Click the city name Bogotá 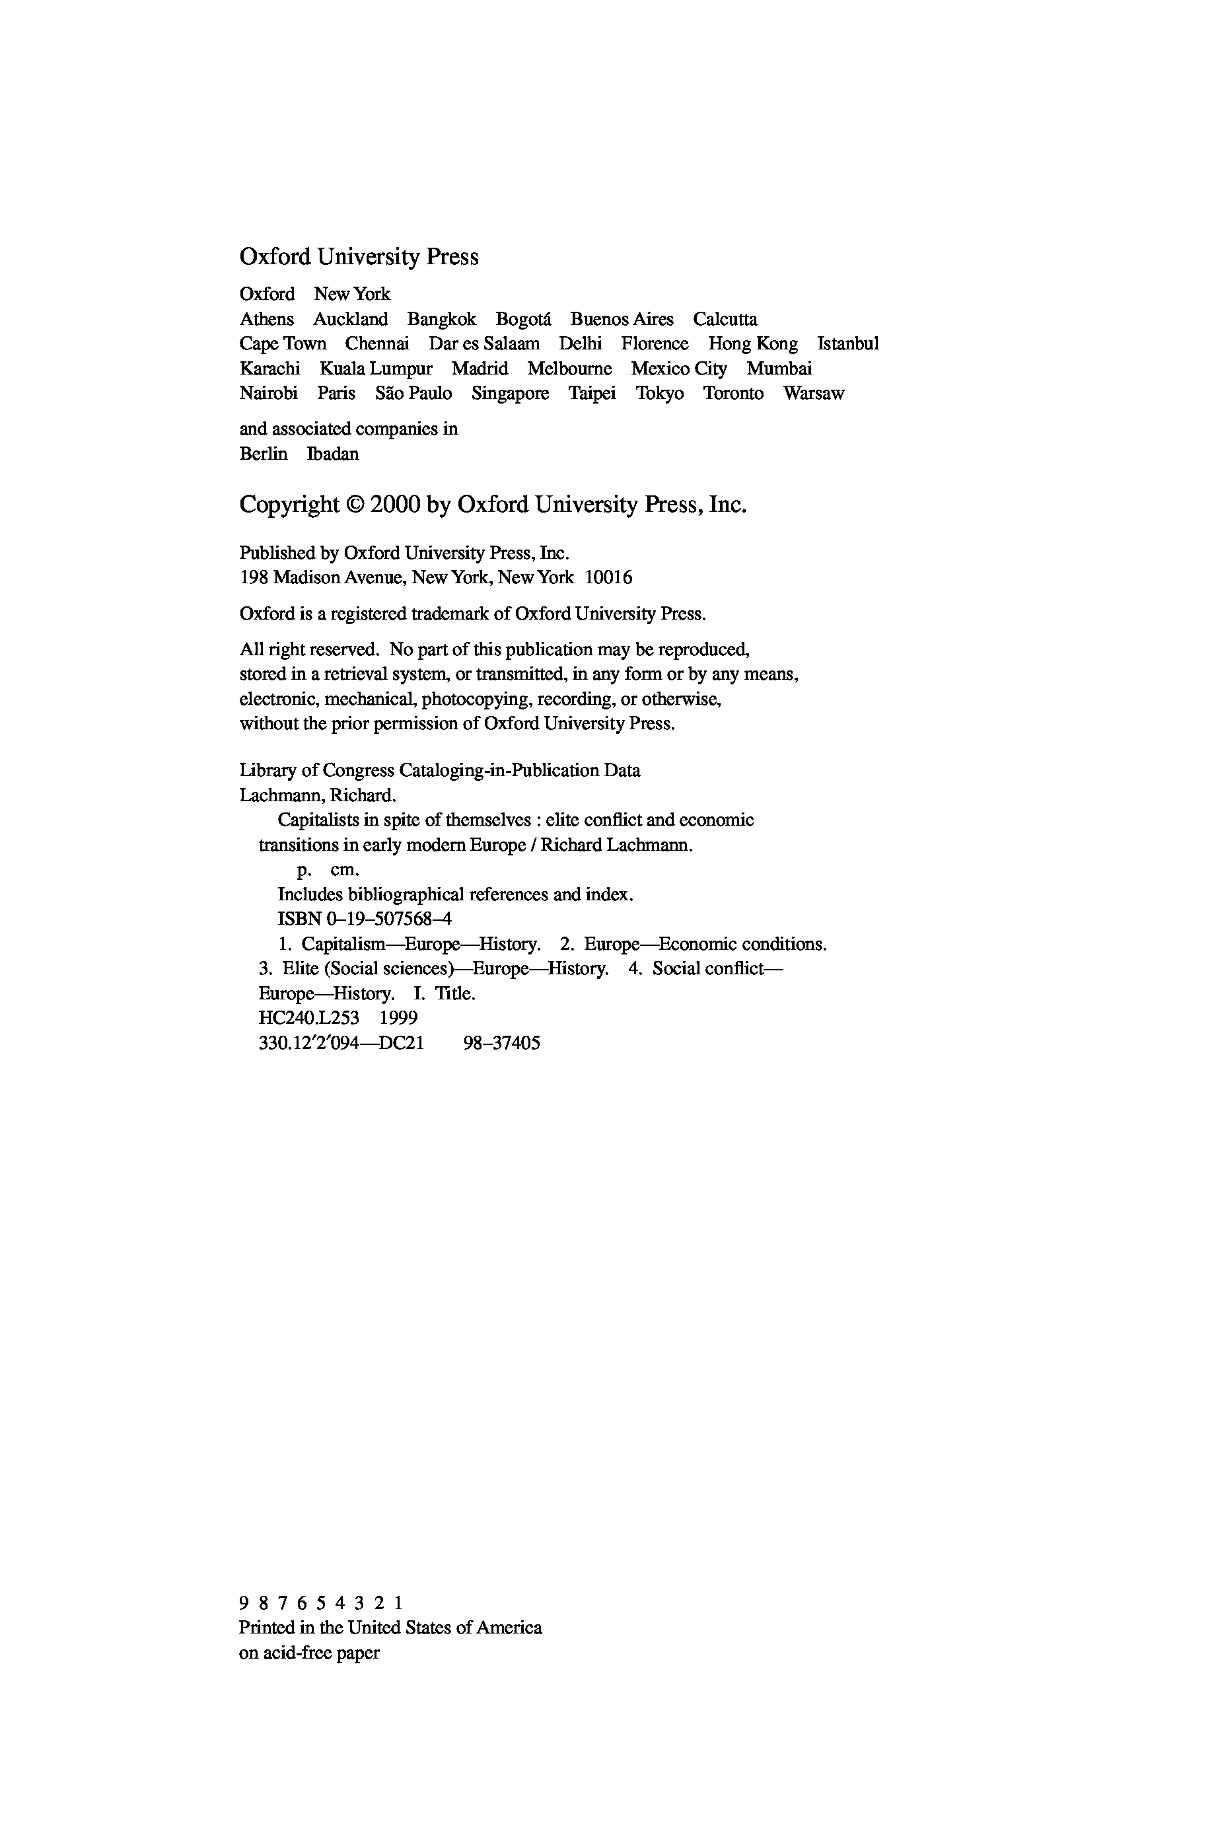pyautogui.click(x=523, y=319)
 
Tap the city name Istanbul pyautogui.click(x=848, y=343)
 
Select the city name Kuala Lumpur pyautogui.click(x=376, y=369)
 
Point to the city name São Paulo pyautogui.click(x=413, y=393)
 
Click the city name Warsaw pyautogui.click(x=813, y=393)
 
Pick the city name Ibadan pyautogui.click(x=333, y=454)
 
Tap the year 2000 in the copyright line pyautogui.click(x=395, y=505)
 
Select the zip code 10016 pyautogui.click(x=608, y=577)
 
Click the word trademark pyautogui.click(x=450, y=614)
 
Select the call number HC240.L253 pyautogui.click(x=309, y=1018)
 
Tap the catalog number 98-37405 pyautogui.click(x=502, y=1043)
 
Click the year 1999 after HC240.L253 pyautogui.click(x=399, y=1018)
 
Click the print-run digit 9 pyautogui.click(x=244, y=1603)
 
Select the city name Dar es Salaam pyautogui.click(x=485, y=343)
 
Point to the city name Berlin pyautogui.click(x=264, y=454)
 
